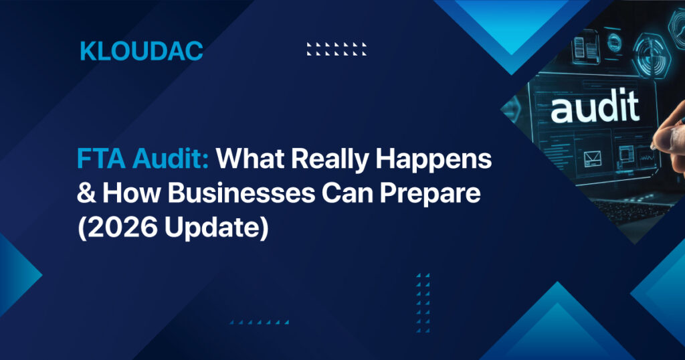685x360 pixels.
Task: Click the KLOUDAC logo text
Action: point(141,51)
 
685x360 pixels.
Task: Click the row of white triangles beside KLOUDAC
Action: point(337,48)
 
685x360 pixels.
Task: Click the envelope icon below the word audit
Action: point(591,159)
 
